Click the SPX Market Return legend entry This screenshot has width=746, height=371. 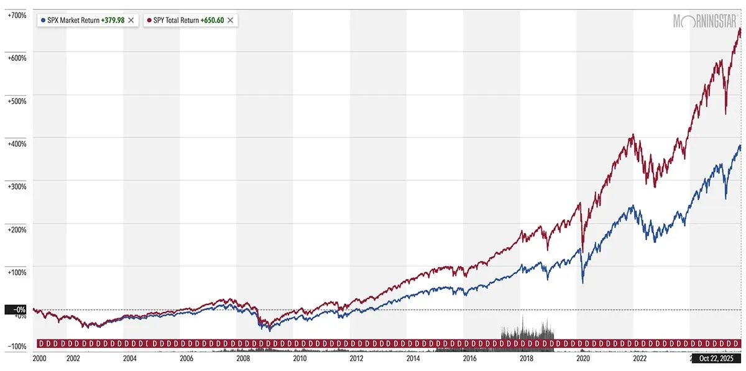[x=73, y=20]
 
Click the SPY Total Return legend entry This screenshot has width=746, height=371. [x=176, y=20]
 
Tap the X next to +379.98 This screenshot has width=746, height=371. [x=132, y=20]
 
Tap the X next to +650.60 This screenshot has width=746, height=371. [x=231, y=20]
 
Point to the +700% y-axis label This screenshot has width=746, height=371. [x=17, y=14]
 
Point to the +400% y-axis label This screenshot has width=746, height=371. [x=17, y=144]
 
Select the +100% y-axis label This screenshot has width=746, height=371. [x=17, y=272]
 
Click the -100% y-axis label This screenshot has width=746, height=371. [x=17, y=346]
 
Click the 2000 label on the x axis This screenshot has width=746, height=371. [x=39, y=359]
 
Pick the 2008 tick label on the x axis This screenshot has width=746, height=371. [x=243, y=359]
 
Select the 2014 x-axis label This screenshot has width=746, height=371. [x=413, y=359]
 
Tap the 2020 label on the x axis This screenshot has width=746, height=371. [x=583, y=359]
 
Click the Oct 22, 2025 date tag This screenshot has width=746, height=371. [x=717, y=359]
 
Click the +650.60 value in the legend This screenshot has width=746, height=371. [x=212, y=20]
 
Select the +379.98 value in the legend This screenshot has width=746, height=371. [x=113, y=20]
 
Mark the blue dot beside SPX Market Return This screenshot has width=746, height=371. [x=43, y=20]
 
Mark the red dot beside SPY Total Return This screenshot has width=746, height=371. [x=149, y=20]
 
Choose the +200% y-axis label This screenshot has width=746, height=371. [x=17, y=229]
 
